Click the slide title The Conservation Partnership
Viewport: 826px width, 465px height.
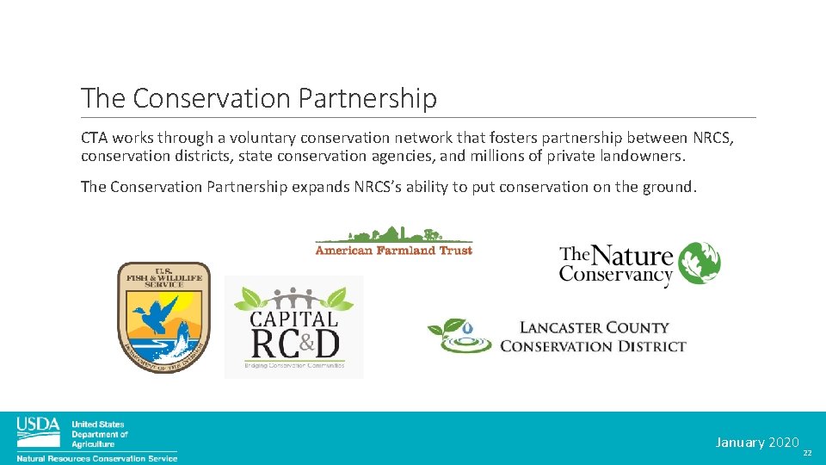coord(258,98)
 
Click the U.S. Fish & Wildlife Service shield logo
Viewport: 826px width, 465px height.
coord(163,317)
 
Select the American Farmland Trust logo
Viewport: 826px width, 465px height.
coord(393,240)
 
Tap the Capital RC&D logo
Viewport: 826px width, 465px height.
coord(293,327)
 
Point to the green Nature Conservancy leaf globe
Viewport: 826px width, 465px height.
coord(699,264)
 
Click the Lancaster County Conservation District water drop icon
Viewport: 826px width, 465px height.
coord(466,328)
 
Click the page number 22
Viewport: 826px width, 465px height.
coord(806,453)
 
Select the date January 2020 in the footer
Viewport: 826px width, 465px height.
coord(757,443)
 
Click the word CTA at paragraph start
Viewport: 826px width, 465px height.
coord(96,138)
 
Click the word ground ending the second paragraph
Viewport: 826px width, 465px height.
coord(668,187)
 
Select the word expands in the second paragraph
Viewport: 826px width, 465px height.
coord(319,187)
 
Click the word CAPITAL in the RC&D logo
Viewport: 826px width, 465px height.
coord(293,318)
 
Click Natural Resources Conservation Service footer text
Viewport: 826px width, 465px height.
coord(97,458)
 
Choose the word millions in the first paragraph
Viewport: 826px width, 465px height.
coord(496,157)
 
